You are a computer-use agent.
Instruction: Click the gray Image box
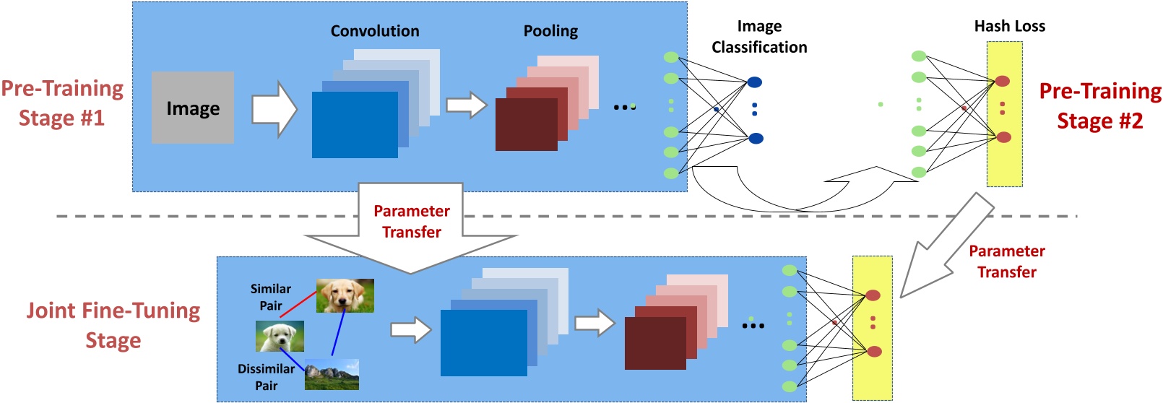pyautogui.click(x=192, y=108)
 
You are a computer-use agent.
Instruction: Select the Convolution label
pyautogui.click(x=374, y=31)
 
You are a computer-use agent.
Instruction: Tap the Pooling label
pyautogui.click(x=550, y=31)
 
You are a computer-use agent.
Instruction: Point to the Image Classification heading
pyautogui.click(x=759, y=37)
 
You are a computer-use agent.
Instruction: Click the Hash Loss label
pyautogui.click(x=1009, y=26)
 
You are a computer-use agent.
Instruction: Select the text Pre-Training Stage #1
pyautogui.click(x=62, y=103)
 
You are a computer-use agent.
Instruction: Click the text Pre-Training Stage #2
pyautogui.click(x=1099, y=105)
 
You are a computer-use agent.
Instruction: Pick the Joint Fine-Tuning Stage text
pyautogui.click(x=113, y=325)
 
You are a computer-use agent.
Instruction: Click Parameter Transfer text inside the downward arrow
pyautogui.click(x=411, y=221)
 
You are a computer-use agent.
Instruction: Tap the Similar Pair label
pyautogui.click(x=270, y=297)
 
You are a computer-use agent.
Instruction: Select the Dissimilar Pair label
pyautogui.click(x=266, y=377)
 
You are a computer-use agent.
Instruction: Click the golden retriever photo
pyautogui.click(x=345, y=295)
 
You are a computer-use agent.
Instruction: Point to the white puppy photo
pyautogui.click(x=280, y=336)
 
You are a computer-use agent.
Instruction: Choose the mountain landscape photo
pyautogui.click(x=332, y=374)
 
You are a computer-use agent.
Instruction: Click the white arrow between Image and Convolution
pyautogui.click(x=274, y=109)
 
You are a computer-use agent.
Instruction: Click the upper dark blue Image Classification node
pyautogui.click(x=754, y=82)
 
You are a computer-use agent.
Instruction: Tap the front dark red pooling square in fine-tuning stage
pyautogui.click(x=655, y=338)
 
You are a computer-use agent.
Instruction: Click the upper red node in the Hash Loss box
pyautogui.click(x=1003, y=81)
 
